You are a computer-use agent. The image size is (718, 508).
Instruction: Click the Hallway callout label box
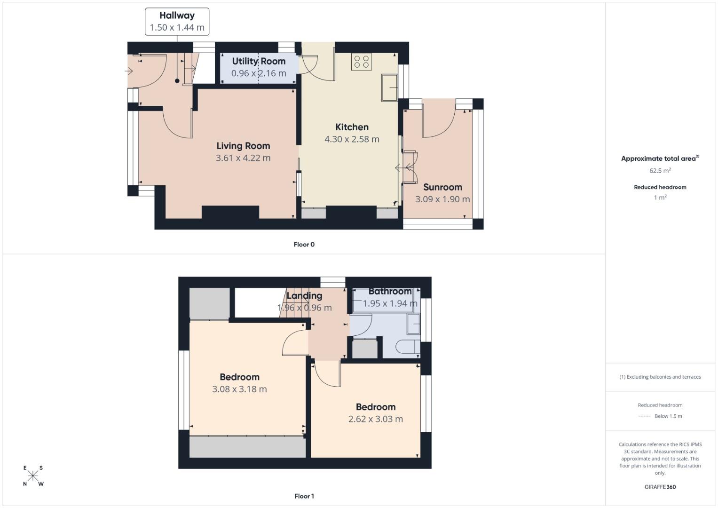177,22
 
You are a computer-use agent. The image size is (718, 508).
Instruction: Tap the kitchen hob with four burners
361,62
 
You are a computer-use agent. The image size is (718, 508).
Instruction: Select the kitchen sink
389,87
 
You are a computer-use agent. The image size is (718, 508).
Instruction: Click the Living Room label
243,146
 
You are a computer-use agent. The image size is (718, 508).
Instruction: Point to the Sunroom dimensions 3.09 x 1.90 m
442,199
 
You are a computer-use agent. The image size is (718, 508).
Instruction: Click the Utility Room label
259,61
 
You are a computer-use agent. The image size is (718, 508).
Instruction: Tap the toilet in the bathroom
407,347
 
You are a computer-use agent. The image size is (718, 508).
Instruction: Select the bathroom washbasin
413,324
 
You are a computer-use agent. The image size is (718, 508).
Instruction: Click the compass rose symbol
33,476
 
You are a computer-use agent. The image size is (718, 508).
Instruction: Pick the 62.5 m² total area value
660,171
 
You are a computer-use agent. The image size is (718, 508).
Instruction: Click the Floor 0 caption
304,244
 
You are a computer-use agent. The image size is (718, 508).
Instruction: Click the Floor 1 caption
304,496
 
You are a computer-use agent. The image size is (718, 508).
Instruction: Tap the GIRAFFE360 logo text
660,487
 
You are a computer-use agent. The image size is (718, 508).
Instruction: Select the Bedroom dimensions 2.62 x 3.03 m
375,419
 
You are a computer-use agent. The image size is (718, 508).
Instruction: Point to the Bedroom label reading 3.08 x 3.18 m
239,377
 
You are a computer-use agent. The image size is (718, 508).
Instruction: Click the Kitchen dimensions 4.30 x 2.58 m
352,139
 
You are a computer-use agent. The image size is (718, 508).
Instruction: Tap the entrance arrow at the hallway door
129,71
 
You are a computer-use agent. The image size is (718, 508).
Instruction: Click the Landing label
304,295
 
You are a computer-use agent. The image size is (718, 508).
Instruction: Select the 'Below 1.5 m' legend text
668,416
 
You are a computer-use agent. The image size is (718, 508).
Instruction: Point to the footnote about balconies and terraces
660,377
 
